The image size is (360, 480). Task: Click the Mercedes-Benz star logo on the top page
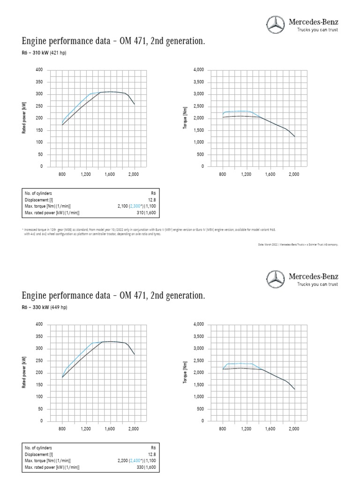(x=275, y=24)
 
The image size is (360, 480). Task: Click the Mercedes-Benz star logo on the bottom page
(x=275, y=279)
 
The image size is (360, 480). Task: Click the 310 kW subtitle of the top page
(x=44, y=53)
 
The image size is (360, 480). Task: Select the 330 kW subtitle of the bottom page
(x=44, y=307)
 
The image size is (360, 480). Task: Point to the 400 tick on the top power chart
(x=39, y=70)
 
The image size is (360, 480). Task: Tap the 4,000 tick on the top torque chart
(x=198, y=70)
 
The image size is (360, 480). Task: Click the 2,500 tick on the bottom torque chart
(x=198, y=360)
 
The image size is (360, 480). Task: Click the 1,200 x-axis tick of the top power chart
(x=86, y=174)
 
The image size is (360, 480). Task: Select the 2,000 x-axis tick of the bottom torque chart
(x=294, y=429)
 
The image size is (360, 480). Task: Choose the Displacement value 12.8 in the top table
(x=151, y=200)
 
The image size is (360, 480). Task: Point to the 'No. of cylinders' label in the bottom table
(x=38, y=448)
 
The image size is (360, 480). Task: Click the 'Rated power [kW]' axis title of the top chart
(x=24, y=118)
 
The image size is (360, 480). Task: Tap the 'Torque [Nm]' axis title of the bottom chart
(x=185, y=373)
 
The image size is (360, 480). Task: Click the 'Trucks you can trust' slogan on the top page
(x=317, y=30)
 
